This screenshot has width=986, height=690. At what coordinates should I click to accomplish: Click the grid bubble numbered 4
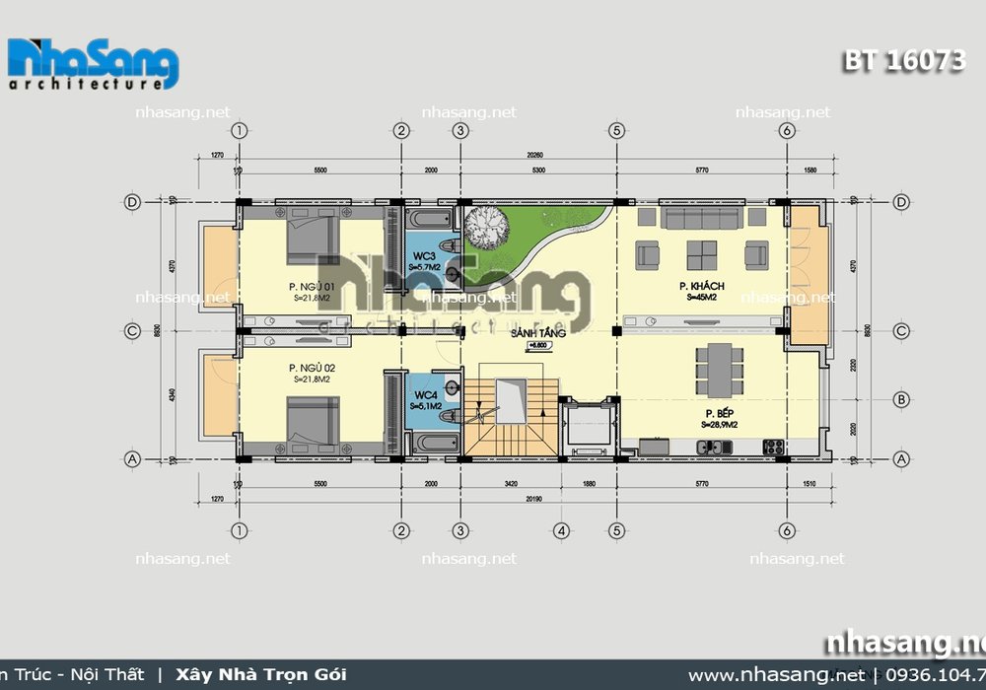coord(561,531)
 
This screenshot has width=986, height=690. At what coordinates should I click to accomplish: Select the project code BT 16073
coord(903,60)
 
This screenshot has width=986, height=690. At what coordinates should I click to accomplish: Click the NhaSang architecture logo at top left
coord(93,66)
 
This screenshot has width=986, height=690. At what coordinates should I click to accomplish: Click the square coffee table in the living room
coord(702,255)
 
